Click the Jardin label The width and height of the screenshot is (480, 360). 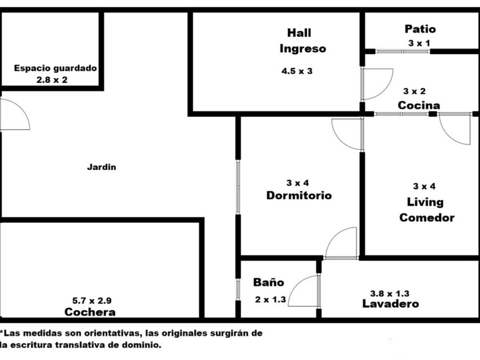[101, 167]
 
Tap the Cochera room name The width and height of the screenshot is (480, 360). [90, 312]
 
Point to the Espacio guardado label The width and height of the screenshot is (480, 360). [55, 68]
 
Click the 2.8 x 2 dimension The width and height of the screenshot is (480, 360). [52, 80]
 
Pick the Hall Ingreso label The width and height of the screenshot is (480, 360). [302, 41]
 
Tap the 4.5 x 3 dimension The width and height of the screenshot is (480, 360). [297, 71]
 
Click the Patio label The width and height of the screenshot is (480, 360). [420, 29]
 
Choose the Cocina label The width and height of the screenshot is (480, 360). [419, 105]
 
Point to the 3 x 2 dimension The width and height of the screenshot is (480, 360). [414, 91]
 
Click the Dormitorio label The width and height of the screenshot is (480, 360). [299, 195]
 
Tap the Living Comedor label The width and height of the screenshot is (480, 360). [426, 210]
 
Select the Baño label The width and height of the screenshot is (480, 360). [268, 282]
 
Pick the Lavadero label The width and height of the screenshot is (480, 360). [391, 304]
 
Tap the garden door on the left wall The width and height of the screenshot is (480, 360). [14, 115]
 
